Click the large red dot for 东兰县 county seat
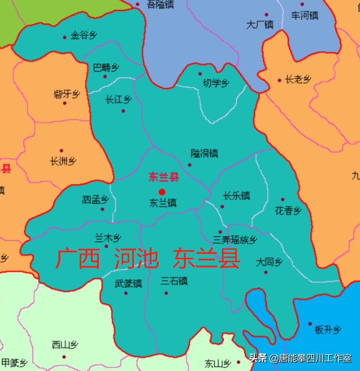162,192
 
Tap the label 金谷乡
84,35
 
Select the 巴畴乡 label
106,68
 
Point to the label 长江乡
118,100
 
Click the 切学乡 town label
216,83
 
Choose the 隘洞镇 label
204,153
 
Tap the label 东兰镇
163,203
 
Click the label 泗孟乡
95,199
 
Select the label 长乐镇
236,196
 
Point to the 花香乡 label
288,210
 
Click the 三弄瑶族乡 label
235,240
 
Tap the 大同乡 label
269,262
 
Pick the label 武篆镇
128,284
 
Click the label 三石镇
174,281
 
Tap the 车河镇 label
304,15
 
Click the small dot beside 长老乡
279,81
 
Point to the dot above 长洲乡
62,151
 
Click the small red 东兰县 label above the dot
164,177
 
